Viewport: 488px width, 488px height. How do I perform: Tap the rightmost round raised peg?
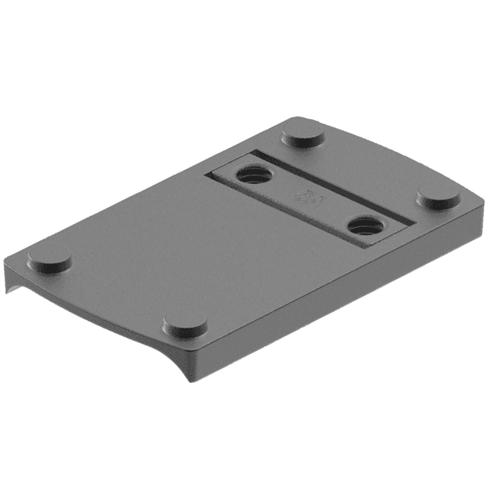[438, 198]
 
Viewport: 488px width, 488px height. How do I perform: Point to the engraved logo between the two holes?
[309, 199]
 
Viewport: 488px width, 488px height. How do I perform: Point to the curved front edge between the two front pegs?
[114, 305]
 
